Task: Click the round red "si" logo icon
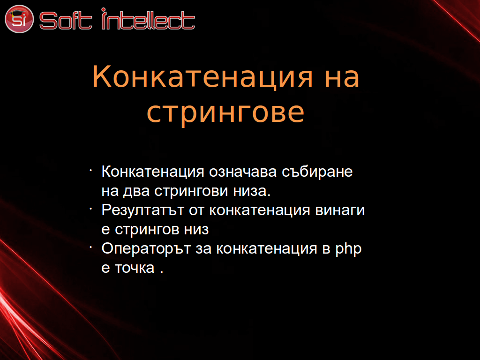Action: [19, 19]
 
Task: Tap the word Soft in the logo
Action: [66, 21]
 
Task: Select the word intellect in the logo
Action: [148, 19]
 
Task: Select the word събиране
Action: [317, 172]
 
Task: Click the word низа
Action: [252, 191]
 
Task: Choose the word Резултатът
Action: [142, 210]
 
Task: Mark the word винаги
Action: [340, 210]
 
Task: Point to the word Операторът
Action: [146, 249]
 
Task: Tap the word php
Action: [348, 249]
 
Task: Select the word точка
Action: [135, 268]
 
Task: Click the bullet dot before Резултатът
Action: [91, 209]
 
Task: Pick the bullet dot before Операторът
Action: [91, 247]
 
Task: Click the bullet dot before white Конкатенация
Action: [91, 170]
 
